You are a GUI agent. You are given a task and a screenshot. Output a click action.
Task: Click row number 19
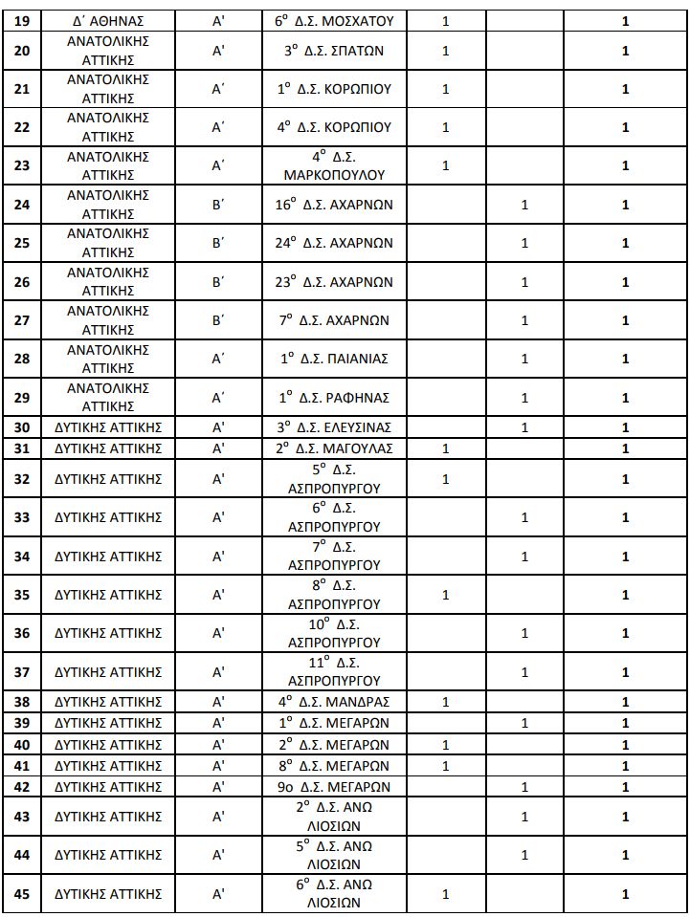tap(22, 20)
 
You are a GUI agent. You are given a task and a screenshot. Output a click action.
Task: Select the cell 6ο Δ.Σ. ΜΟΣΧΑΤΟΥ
tap(334, 20)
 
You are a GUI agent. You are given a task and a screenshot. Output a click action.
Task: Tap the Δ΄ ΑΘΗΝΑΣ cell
tap(108, 20)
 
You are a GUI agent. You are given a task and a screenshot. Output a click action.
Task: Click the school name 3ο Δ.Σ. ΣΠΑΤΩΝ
tap(334, 51)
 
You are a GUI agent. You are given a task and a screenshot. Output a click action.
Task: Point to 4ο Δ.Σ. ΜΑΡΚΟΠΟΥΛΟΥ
tap(334, 165)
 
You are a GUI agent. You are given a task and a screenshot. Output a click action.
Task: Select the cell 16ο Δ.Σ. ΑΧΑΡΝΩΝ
tap(334, 205)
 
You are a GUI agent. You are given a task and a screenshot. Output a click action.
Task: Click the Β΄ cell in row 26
tap(218, 282)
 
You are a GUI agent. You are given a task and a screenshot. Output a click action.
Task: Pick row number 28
tap(22, 359)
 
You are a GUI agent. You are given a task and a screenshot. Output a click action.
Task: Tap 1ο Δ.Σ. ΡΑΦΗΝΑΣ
tap(334, 398)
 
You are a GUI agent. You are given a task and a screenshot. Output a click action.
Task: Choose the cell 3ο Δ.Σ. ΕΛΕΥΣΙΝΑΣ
tap(334, 427)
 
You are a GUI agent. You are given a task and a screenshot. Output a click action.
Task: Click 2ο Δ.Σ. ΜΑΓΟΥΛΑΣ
tap(334, 448)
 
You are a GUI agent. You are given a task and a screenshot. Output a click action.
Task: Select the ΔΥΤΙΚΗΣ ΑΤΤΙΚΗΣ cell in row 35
tap(108, 594)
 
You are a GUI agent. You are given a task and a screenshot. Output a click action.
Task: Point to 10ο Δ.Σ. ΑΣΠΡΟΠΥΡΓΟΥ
tap(334, 633)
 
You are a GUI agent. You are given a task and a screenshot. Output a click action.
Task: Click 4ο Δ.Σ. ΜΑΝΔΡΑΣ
tap(334, 701)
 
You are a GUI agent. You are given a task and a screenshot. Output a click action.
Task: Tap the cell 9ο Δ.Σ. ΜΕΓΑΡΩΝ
tap(334, 787)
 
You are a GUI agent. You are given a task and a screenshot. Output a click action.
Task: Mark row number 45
tap(22, 894)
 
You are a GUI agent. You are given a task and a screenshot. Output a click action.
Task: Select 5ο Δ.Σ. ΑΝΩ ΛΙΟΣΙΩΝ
tap(334, 855)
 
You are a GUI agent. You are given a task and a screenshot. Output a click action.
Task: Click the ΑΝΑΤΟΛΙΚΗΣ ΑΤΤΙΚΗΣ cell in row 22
tap(108, 127)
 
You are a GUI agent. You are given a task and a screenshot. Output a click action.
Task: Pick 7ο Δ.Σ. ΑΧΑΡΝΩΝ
tap(334, 320)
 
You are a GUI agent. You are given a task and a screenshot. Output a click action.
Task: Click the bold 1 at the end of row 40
tap(625, 745)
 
